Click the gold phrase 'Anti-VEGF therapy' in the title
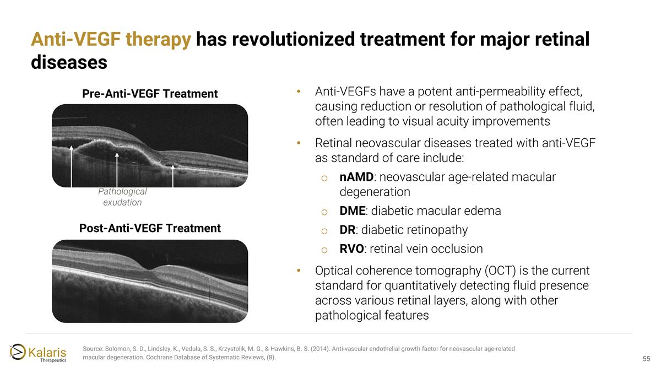click(x=111, y=40)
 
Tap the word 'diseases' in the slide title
click(x=69, y=63)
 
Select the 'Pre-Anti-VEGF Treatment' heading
click(x=150, y=94)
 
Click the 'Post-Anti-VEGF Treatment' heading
click(x=150, y=228)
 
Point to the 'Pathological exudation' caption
click(x=122, y=197)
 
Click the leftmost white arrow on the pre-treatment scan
click(x=71, y=166)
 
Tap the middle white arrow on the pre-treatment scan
click(x=117, y=170)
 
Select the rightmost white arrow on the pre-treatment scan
click(x=173, y=176)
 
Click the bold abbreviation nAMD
click(x=356, y=177)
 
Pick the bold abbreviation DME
click(x=353, y=211)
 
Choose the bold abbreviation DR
click(x=348, y=230)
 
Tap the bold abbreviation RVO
click(x=351, y=249)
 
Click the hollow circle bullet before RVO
click(x=324, y=250)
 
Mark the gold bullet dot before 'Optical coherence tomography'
click(x=299, y=271)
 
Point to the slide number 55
click(x=646, y=359)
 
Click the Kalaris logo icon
click(x=18, y=352)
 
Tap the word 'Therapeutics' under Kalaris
click(x=53, y=360)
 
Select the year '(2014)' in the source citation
click(x=320, y=349)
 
